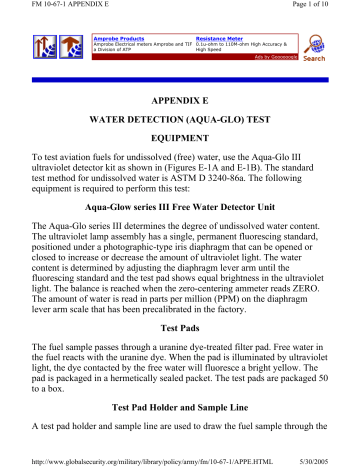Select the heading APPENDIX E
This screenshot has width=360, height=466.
tap(180, 102)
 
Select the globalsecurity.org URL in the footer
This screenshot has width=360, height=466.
tap(139, 459)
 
